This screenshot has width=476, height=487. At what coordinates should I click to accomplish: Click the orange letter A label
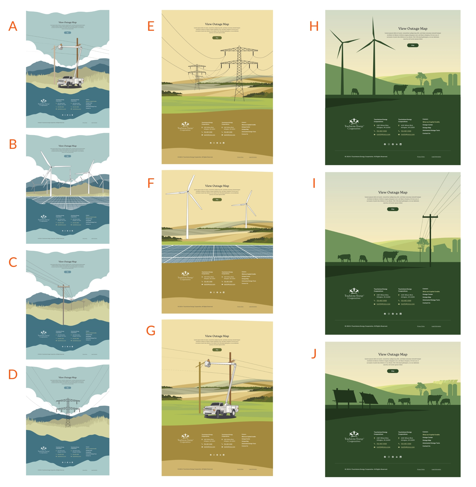[13, 26]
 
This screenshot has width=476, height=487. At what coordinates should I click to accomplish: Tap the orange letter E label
[151, 26]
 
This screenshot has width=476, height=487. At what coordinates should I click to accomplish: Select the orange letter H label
[314, 26]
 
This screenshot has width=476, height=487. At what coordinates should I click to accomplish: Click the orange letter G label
[151, 331]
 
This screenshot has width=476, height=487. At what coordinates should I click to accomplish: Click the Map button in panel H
[412, 45]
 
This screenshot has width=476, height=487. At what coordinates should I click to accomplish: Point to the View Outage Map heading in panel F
[217, 186]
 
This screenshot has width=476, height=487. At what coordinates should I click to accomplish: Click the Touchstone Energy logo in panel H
[354, 124]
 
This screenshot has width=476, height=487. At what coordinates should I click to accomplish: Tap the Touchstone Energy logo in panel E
[185, 126]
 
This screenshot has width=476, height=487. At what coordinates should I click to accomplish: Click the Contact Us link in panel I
[426, 303]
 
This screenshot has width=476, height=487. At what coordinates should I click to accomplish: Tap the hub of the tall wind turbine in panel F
[188, 191]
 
